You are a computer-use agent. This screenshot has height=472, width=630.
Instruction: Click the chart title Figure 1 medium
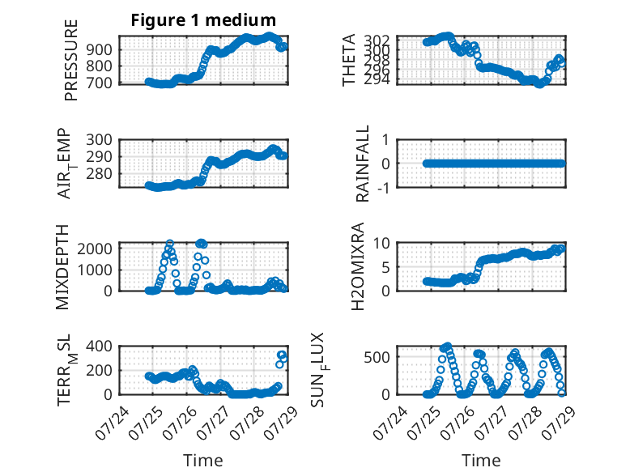coord(203,20)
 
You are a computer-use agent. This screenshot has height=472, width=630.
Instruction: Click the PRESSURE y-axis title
coord(70,60)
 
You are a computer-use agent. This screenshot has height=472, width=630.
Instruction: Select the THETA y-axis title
coord(349,60)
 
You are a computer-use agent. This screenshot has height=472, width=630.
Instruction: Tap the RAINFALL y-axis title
coord(363,164)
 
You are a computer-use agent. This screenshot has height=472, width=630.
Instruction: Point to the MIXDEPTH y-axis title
coord(62,267)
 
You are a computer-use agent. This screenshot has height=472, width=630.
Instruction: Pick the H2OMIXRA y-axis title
coord(358,266)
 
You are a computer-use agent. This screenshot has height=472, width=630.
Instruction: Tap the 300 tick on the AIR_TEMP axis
coord(99,140)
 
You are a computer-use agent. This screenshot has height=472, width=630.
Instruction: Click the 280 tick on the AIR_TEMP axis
coord(99,173)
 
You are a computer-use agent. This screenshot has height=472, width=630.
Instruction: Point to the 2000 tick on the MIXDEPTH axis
coord(95,249)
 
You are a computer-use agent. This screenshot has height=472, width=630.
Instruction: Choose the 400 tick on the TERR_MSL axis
coord(99,346)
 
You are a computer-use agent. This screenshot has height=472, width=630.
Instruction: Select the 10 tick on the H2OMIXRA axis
coord(381,243)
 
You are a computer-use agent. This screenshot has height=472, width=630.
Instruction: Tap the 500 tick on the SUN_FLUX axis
coord(377,357)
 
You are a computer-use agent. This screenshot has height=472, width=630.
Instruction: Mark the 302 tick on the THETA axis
coord(377,40)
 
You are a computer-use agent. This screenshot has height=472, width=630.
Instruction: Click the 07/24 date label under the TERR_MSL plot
coord(112,423)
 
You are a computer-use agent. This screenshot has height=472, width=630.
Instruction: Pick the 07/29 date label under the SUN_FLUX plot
coord(559,423)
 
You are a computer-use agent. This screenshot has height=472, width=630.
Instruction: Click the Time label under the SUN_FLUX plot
coord(481,461)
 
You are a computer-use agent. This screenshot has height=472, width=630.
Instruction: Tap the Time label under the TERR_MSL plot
coord(203,461)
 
